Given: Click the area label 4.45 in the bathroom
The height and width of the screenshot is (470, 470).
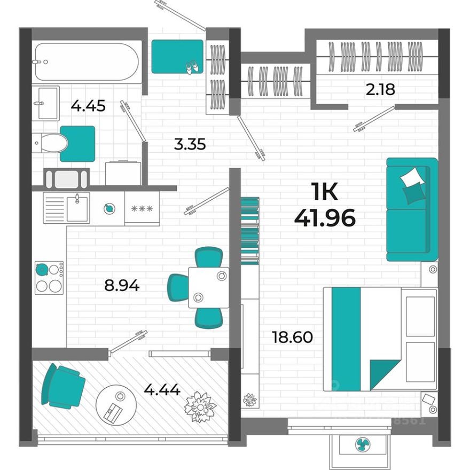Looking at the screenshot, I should pos(88,106).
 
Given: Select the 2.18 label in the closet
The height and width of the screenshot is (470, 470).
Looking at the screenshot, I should pos(380,89).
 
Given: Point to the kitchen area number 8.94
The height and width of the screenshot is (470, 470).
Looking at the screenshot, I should pos(122,286).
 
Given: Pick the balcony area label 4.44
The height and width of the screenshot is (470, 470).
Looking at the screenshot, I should pos(162,389).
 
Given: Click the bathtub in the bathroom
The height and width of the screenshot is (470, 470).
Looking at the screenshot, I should pos(87,61).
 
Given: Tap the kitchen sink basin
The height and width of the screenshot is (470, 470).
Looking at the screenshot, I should pos(77,208).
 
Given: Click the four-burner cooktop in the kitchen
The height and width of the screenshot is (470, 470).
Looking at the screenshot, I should pos(49,278).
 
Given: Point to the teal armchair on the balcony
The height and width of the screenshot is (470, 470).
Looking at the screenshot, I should pos(63,386).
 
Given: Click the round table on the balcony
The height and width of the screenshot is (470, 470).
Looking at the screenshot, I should pos(116,404).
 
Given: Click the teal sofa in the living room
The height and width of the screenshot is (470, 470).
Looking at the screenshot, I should pos(411,209).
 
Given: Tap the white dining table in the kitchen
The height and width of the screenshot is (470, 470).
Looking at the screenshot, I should pos(208,287).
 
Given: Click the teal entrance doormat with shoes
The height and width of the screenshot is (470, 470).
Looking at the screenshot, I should pos(177,57).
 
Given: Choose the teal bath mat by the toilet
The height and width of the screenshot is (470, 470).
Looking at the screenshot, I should pos(77,143).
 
